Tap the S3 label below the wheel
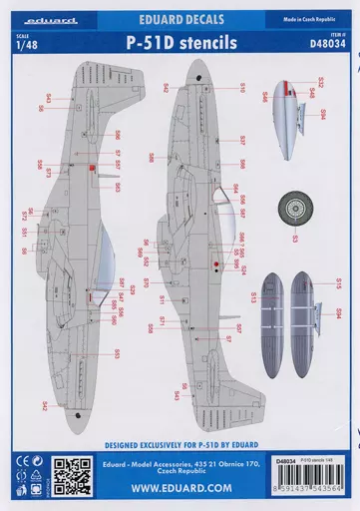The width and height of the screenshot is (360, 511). tap(294, 240)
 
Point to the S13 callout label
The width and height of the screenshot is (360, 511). tap(253, 296)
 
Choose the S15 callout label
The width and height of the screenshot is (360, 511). tap(339, 283)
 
